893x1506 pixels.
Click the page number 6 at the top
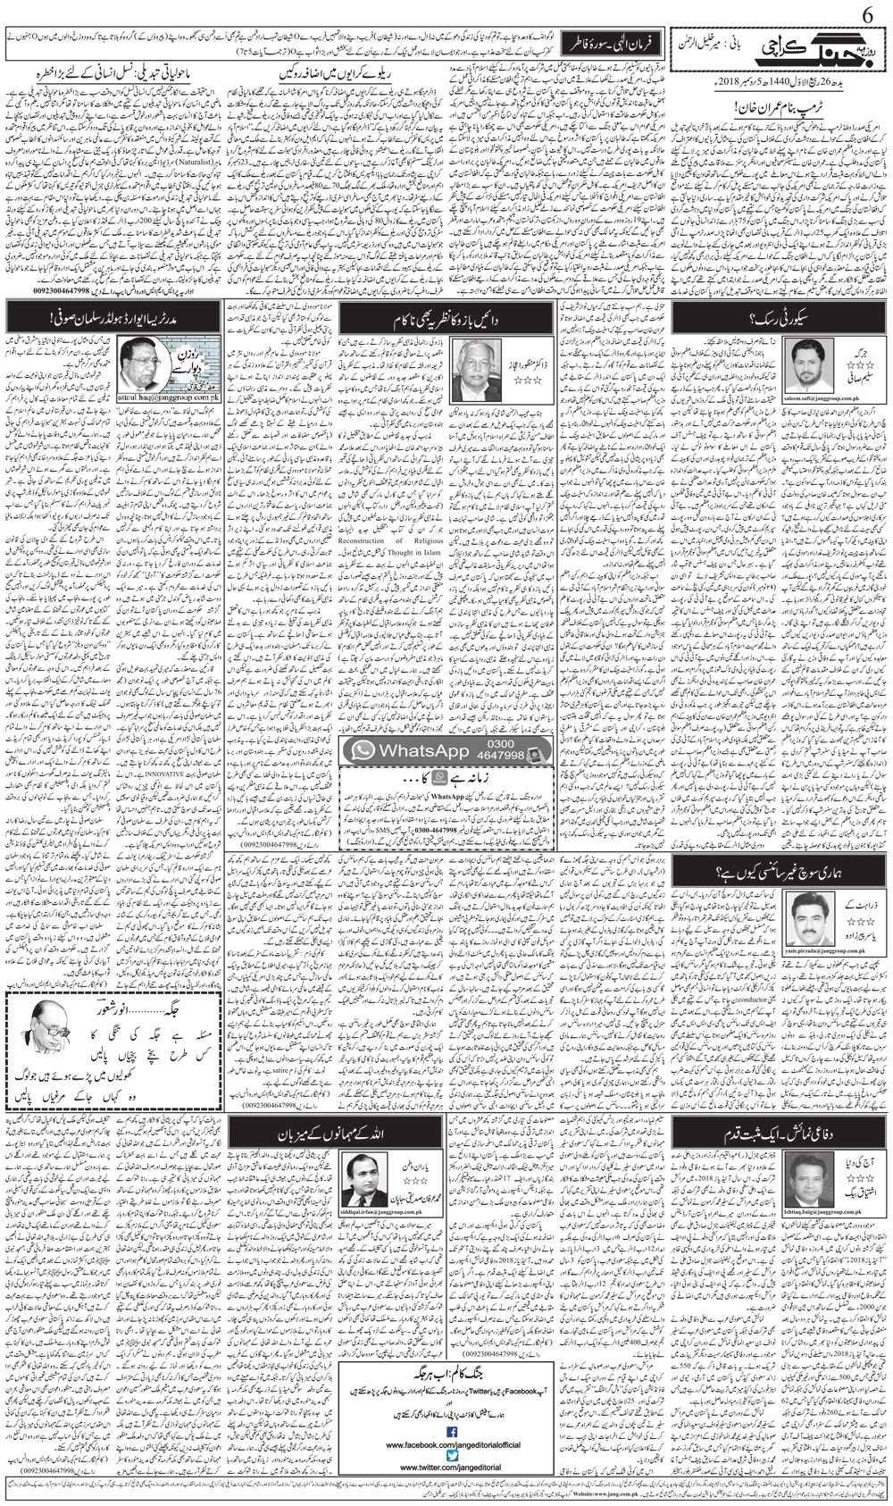click(x=872, y=15)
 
